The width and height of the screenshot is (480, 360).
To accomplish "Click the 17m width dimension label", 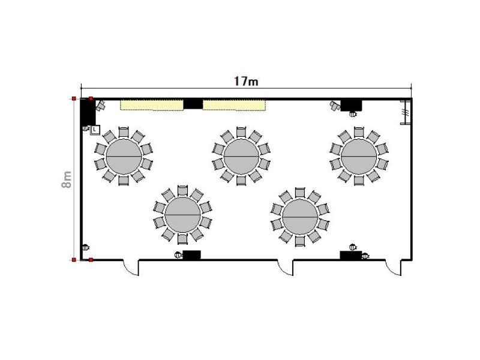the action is pos(246,81).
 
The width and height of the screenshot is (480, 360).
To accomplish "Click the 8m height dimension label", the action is pos(67,179).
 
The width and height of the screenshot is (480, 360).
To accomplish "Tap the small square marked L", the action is pos(95,130).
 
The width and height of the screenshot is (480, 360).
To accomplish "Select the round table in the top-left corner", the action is pos(124,156).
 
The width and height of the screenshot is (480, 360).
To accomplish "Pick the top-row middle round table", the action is pos(241,156).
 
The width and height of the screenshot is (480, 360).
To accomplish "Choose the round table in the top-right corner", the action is pos(359,156).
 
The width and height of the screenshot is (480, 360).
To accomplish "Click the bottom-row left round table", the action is pos(182,215).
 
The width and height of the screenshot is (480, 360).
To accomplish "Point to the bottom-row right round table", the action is pos(300,217).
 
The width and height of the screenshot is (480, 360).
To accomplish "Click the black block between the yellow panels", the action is pos(193,104).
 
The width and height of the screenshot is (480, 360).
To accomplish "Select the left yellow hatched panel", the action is pos(152,104).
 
